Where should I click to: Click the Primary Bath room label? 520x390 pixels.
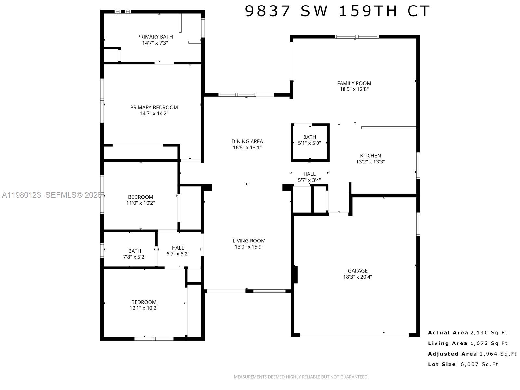tap(155, 37)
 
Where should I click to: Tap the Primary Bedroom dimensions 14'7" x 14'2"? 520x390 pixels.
tap(154, 113)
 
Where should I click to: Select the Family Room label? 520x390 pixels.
tap(354, 83)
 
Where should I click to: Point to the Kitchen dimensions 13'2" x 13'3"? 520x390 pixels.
tap(370, 162)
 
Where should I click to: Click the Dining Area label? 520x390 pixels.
tap(247, 141)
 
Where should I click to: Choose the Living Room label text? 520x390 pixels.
tap(249, 241)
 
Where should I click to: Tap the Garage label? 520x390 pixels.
tap(357, 271)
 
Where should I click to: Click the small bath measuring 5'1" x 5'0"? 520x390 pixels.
tap(309, 140)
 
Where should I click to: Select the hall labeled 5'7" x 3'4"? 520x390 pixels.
tap(309, 177)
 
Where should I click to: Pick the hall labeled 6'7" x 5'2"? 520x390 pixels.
tap(178, 251)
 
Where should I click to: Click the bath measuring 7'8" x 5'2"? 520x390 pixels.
tap(135, 254)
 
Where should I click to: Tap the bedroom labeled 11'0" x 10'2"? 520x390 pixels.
tap(140, 200)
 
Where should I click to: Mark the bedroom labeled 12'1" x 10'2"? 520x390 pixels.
tap(144, 305)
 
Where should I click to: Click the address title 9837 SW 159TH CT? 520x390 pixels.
tap(337, 11)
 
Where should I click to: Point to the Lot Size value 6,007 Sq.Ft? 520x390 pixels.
tap(479, 364)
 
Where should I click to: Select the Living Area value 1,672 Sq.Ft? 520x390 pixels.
tap(489, 343)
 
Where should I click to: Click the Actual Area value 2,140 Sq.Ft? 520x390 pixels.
tap(489, 333)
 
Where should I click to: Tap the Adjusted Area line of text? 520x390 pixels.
tap(472, 354)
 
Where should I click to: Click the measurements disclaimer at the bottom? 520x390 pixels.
tap(301, 377)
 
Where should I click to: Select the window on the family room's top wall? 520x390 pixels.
tap(357, 37)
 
